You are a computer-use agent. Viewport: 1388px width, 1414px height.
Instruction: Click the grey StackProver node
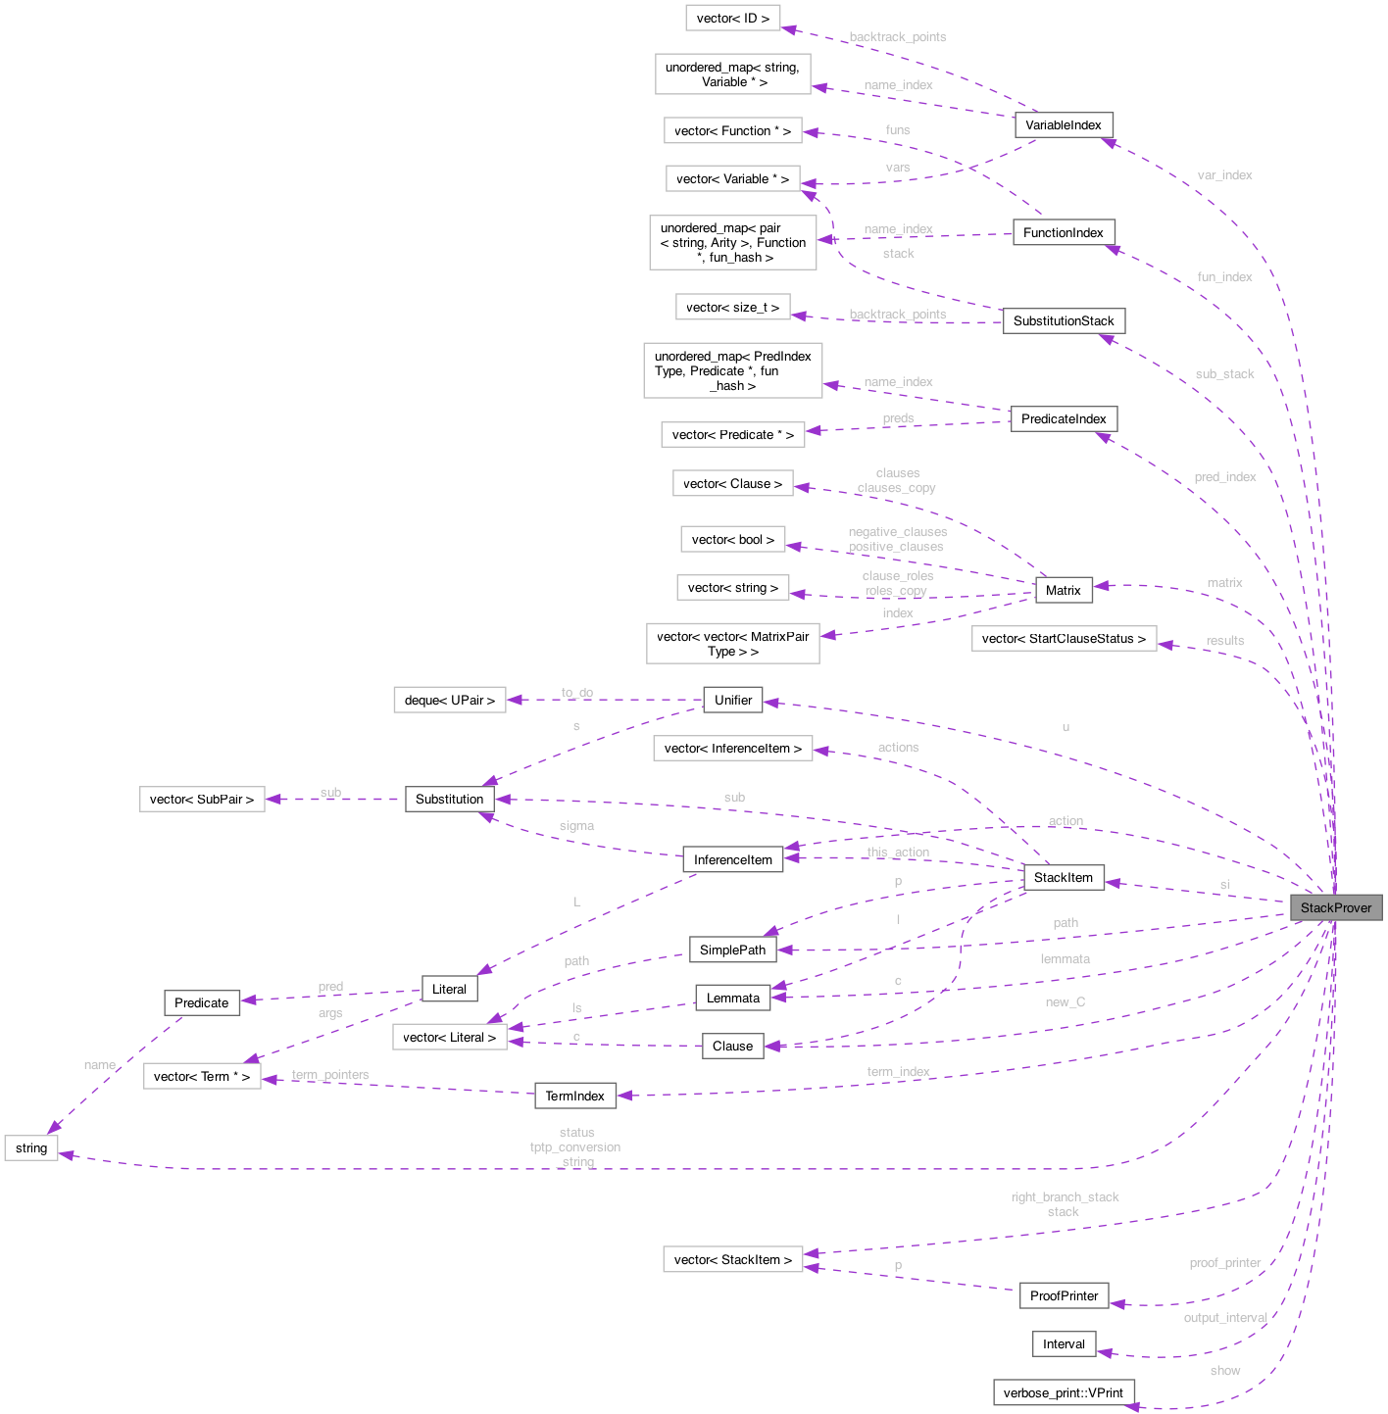pos(1335,907)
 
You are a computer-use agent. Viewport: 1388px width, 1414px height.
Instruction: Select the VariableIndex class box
pos(1063,125)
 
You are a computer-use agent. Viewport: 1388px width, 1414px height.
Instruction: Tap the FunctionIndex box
pos(1063,233)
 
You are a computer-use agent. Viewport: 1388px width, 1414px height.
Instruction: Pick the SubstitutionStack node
pos(1063,321)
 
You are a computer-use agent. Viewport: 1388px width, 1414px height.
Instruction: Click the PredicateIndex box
pos(1063,419)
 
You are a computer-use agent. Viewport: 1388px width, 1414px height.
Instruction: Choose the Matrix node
pos(1063,590)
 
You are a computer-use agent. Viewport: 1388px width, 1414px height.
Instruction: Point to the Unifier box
pos(732,700)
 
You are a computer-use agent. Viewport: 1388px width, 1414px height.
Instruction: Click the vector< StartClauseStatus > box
pos(1063,639)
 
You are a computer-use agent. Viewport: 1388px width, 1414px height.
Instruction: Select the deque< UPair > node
pos(449,700)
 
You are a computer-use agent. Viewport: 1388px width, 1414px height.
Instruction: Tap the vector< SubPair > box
pos(201,800)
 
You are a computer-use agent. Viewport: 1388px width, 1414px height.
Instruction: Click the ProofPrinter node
pos(1064,1295)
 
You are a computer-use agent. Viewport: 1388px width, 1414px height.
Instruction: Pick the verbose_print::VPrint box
pos(1063,1392)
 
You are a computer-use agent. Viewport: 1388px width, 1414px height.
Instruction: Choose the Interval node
pos(1063,1344)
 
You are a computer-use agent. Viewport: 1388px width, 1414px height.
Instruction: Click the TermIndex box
pos(574,1096)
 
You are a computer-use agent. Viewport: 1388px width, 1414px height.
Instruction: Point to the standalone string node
pos(31,1148)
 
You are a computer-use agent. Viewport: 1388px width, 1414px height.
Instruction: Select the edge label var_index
pos(1224,175)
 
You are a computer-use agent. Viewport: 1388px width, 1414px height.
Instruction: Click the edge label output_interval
pos(1224,1318)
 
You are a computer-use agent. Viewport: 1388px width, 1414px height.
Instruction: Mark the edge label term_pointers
pos(330,1075)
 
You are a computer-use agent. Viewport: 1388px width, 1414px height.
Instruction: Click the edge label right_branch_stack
pos(1065,1197)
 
